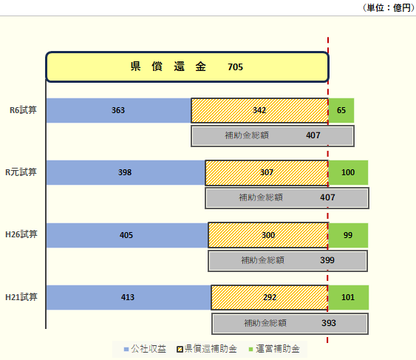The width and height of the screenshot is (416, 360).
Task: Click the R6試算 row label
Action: pos(23,110)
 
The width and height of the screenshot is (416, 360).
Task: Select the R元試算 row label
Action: pos(21,172)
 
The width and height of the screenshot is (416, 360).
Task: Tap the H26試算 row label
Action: pos(21,234)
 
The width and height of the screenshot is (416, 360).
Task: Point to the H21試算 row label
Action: pos(21,297)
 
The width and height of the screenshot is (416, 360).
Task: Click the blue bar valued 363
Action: pos(119,110)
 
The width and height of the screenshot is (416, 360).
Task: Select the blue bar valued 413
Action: pos(129,297)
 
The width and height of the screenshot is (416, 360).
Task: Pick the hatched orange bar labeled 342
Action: pos(260,110)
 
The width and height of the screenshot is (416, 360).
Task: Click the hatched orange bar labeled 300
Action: pos(268,235)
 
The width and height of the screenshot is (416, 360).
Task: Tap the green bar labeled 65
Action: pos(341,110)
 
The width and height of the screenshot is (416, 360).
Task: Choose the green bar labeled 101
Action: pos(349,297)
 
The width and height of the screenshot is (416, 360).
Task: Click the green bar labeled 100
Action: pos(348,172)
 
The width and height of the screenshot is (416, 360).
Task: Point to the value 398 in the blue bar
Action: pos(125,172)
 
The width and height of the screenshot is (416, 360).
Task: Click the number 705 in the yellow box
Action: pos(235,67)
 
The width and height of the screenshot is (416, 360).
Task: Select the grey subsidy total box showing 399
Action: pos(288,261)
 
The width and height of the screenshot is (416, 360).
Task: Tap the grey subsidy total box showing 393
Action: pos(290,324)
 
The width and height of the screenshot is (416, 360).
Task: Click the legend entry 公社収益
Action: pos(145,349)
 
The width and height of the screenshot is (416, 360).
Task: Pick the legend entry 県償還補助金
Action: pos(207,349)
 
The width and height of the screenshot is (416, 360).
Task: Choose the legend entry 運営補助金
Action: pos(274,349)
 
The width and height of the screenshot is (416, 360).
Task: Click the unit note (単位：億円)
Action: pos(389,8)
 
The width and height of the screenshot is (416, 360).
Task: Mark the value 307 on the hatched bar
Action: pos(267,172)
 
